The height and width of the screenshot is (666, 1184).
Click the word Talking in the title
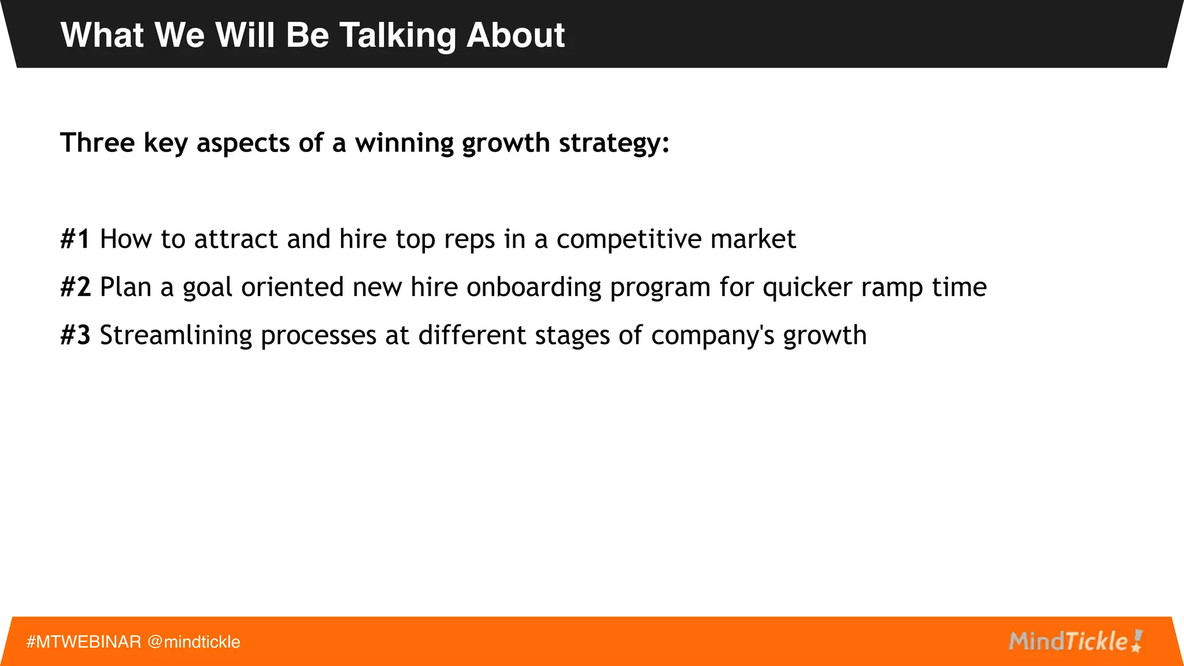(x=397, y=36)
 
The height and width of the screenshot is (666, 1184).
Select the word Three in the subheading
(x=97, y=143)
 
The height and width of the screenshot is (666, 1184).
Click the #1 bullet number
(x=75, y=239)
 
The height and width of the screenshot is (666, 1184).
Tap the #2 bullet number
(x=75, y=287)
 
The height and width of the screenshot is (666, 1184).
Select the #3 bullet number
(x=75, y=335)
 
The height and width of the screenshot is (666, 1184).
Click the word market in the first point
(x=753, y=239)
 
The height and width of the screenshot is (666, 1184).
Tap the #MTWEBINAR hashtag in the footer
(x=84, y=642)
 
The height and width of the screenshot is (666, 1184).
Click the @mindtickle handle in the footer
(x=194, y=642)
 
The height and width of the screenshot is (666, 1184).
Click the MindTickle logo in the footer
(x=1075, y=641)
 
